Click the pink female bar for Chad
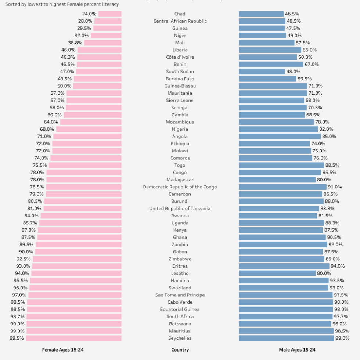110,14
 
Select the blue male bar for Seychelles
286,338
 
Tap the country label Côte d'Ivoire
180,57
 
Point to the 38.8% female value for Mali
75,43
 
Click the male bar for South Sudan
262,72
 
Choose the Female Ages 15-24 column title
63,350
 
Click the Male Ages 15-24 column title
297,350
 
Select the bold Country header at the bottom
180,350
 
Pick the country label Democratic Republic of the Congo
180,187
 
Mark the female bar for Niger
106,36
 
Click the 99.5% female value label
17,338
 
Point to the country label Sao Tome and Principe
180,295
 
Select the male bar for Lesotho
277,273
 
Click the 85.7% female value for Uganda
30,223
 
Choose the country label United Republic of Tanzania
180,209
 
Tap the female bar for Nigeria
89,129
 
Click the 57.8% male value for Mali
303,43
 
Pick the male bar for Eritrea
284,266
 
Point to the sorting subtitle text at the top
62,4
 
